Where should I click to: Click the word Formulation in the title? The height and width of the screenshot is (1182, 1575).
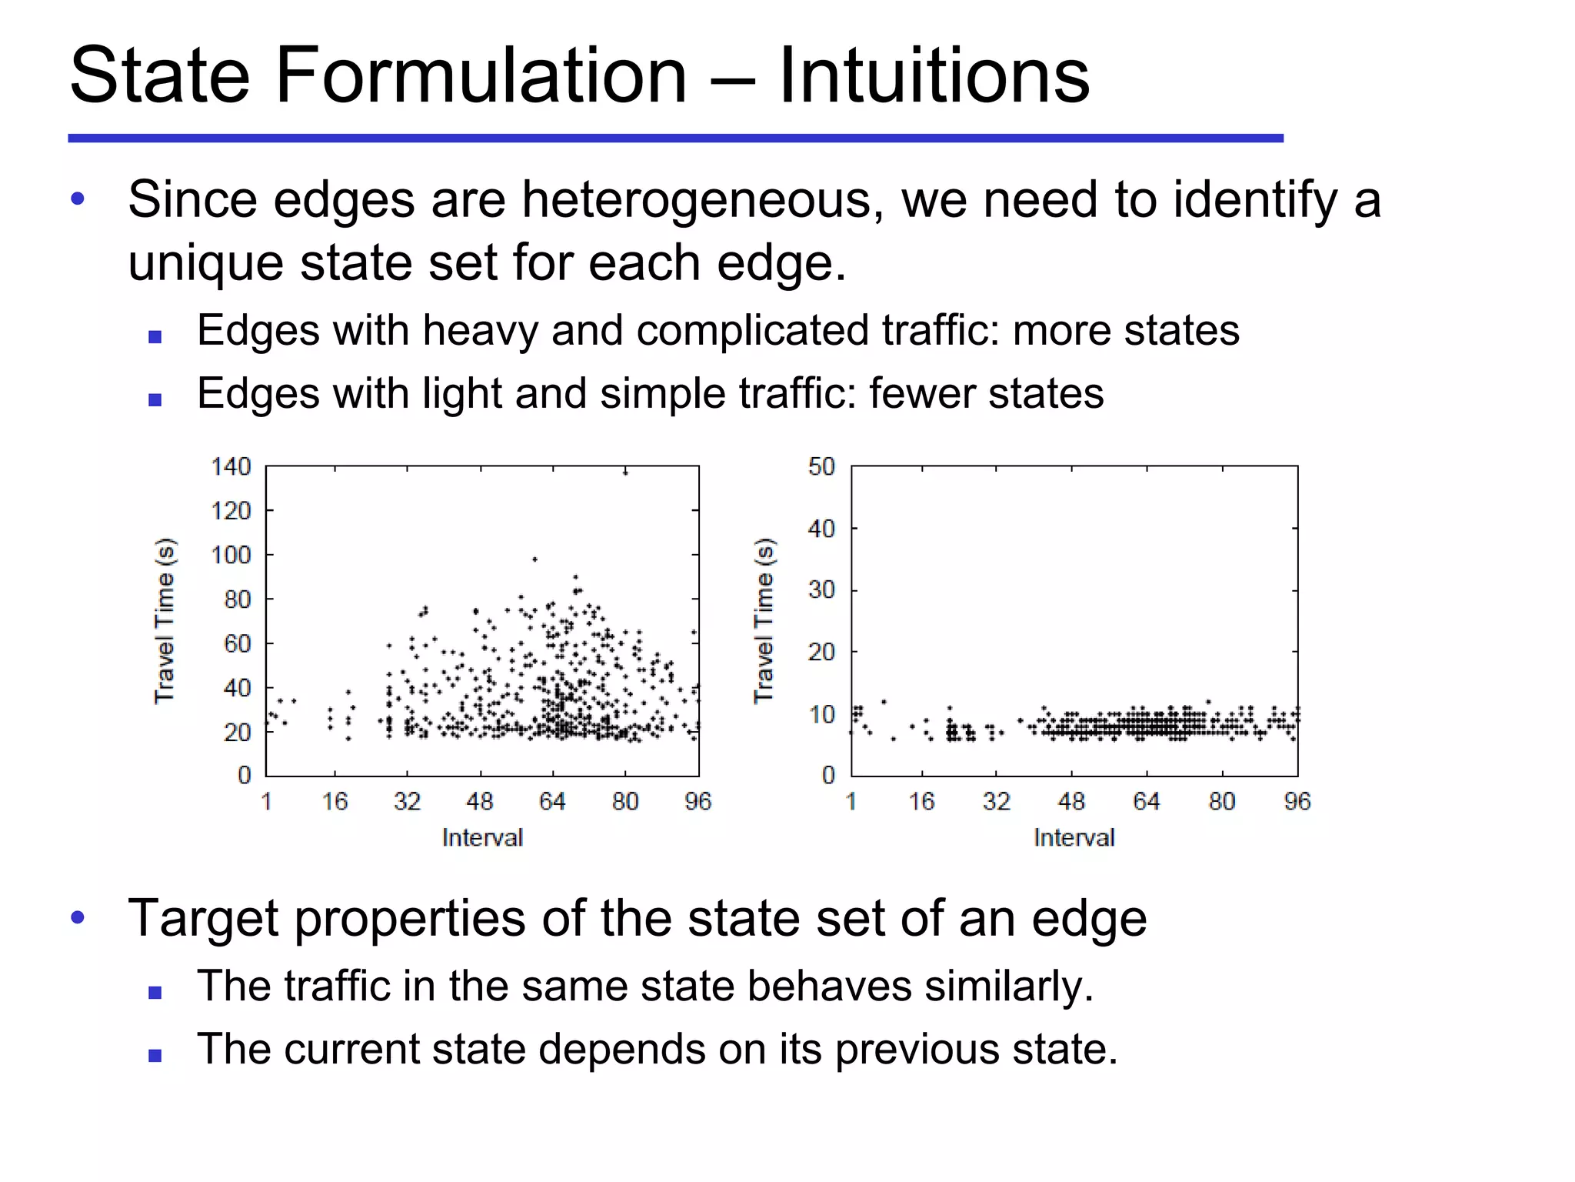point(481,75)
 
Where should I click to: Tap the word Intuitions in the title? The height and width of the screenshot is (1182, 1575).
point(934,75)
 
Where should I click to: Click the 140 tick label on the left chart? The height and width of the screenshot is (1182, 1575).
point(231,466)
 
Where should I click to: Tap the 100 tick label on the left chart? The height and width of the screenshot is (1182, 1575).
point(231,555)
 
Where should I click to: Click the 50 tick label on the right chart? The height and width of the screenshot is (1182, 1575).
point(821,466)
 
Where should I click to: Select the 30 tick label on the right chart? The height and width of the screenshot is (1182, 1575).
point(821,590)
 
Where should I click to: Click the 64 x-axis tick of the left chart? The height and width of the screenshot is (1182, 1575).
point(552,802)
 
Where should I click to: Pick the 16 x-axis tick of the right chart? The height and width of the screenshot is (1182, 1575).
point(921,802)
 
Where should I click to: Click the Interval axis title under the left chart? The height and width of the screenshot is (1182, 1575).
point(482,837)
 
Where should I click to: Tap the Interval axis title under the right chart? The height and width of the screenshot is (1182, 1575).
point(1074,837)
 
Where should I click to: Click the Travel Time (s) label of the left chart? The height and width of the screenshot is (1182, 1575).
point(165,620)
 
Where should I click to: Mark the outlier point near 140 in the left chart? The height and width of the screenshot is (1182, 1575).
point(625,472)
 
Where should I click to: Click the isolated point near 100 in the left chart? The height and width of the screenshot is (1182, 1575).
point(534,559)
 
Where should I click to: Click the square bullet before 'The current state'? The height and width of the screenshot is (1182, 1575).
point(155,1055)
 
